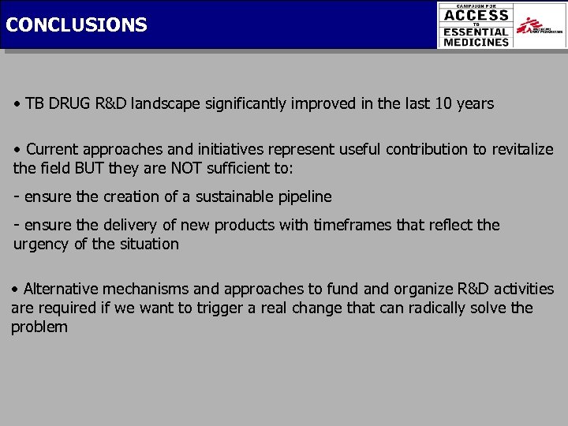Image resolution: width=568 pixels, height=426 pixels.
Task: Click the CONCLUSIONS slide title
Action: click(x=76, y=24)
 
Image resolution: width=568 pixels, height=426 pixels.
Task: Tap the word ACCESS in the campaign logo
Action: click(x=476, y=15)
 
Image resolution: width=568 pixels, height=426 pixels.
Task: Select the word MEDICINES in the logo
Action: click(x=476, y=42)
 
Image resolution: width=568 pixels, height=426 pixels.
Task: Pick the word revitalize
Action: click(x=521, y=149)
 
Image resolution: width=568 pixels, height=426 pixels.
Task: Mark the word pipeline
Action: click(x=303, y=196)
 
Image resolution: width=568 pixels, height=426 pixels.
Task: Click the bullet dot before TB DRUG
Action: click(x=17, y=104)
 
